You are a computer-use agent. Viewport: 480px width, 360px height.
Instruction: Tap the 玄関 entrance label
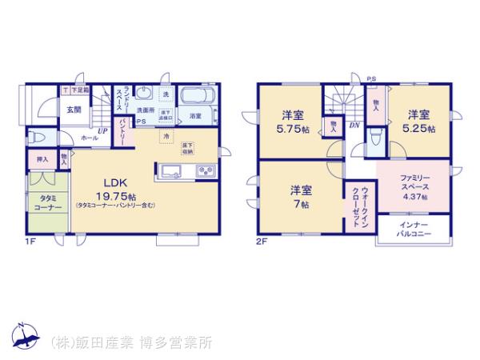74,110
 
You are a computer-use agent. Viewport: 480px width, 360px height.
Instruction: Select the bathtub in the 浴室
194,98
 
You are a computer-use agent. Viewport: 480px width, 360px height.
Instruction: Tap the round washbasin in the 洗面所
143,92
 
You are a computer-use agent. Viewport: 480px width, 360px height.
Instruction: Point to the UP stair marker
102,131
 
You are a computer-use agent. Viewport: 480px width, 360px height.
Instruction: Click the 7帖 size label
302,203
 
